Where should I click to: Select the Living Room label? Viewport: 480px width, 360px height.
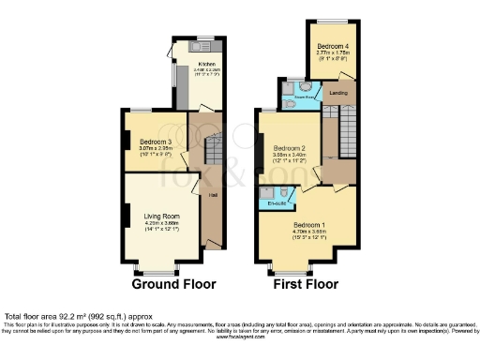pyautogui.click(x=161, y=217)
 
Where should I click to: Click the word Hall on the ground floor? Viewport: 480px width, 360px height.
pyautogui.click(x=214, y=195)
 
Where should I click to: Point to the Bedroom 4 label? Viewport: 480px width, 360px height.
pyautogui.click(x=332, y=46)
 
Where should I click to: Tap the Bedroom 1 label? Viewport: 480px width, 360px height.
pyautogui.click(x=308, y=226)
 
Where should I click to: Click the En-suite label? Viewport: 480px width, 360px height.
pyautogui.click(x=277, y=202)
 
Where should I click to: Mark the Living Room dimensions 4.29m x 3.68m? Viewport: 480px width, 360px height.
pyautogui.click(x=161, y=223)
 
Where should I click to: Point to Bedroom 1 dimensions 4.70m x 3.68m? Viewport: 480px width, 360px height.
pyautogui.click(x=308, y=232)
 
